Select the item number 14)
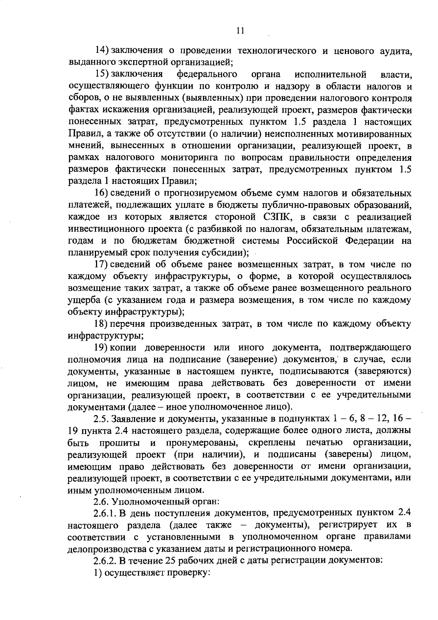102,51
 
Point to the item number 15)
102,74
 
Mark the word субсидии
228,253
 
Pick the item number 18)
102,324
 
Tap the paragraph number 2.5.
100,419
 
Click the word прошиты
119,443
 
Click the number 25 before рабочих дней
164,561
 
